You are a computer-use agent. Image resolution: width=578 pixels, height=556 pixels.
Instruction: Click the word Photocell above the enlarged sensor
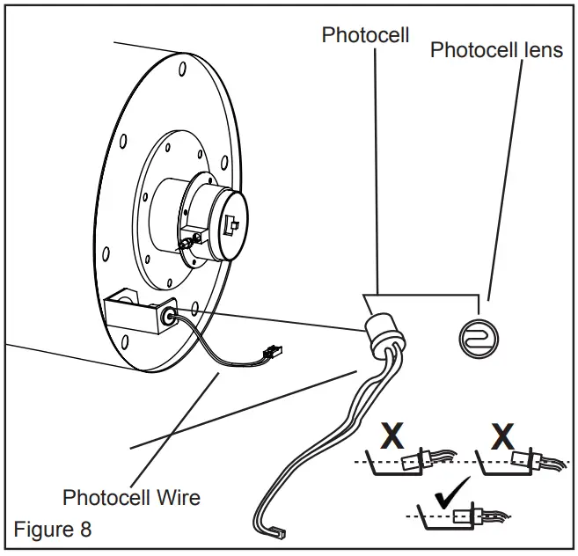tap(365, 35)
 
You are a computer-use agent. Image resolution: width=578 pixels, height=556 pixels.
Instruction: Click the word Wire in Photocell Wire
tap(179, 497)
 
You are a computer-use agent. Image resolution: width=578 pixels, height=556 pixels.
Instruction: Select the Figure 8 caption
tap(52, 529)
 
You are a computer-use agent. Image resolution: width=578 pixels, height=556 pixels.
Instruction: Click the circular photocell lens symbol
tap(479, 340)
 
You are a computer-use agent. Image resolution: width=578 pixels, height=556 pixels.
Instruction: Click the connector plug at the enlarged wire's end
tap(279, 531)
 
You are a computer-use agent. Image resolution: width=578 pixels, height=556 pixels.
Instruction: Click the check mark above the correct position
tap(452, 492)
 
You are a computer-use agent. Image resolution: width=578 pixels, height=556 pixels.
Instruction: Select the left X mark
tap(392, 435)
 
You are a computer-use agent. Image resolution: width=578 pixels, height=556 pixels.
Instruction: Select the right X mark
tap(502, 436)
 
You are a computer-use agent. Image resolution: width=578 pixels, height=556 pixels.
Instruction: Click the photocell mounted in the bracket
tap(169, 316)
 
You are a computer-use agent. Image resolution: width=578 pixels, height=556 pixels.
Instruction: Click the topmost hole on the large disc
tap(182, 69)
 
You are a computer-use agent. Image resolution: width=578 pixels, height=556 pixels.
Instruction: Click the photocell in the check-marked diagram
tap(467, 516)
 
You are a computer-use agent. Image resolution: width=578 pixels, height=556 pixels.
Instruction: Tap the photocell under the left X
tap(416, 460)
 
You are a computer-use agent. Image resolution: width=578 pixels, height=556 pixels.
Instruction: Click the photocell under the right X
tap(526, 458)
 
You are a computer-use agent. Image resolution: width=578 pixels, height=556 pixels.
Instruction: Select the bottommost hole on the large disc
tap(125, 342)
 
